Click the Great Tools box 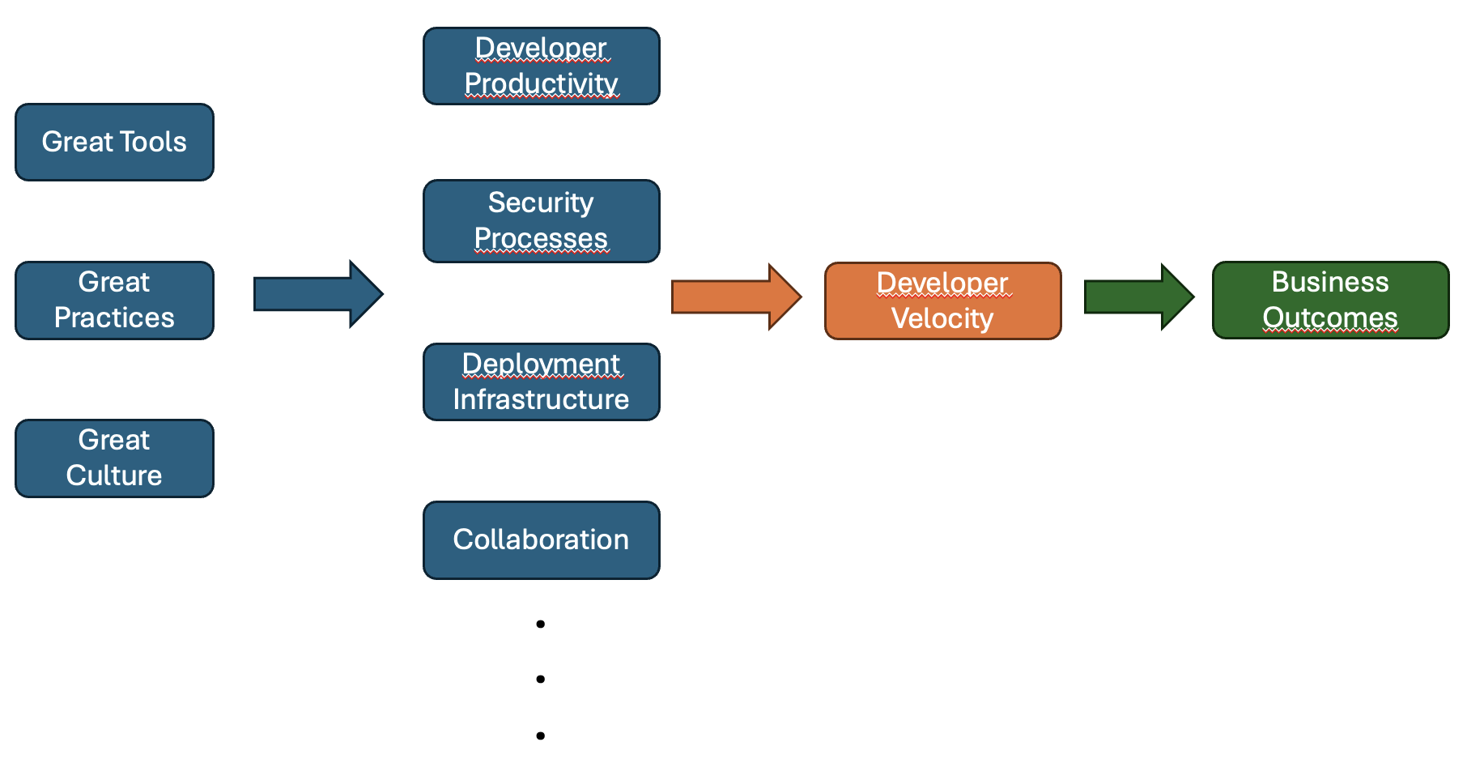(x=114, y=142)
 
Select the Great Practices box (x=114, y=300)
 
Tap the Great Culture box (x=114, y=458)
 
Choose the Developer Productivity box (x=541, y=66)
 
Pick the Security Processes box (x=541, y=220)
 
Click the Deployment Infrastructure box (x=541, y=382)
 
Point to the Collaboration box (x=541, y=539)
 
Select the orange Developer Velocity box (x=942, y=301)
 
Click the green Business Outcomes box (x=1329, y=300)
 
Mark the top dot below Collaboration (x=540, y=624)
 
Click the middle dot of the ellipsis (x=540, y=679)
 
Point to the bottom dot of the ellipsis (x=540, y=735)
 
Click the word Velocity (x=942, y=318)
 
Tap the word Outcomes (x=1329, y=318)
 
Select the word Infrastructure (x=541, y=399)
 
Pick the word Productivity (x=541, y=83)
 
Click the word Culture (x=114, y=475)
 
